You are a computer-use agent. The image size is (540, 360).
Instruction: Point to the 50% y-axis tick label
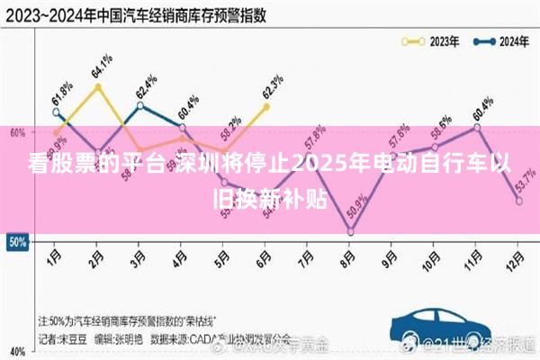coord(16,241)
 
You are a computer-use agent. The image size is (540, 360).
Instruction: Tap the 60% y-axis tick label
coord(16,132)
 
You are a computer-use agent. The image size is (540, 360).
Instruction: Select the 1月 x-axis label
coord(55,256)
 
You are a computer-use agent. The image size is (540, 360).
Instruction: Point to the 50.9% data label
coord(361,209)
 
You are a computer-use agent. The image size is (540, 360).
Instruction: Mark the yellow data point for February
coord(97,86)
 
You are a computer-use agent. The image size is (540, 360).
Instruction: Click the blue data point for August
coord(350,232)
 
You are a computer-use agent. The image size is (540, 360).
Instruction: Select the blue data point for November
coord(476,127)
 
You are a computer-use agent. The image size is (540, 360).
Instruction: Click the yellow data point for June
coord(265,106)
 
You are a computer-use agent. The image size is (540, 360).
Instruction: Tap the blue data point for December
coord(518,201)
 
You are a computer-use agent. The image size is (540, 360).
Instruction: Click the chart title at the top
coord(130,13)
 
